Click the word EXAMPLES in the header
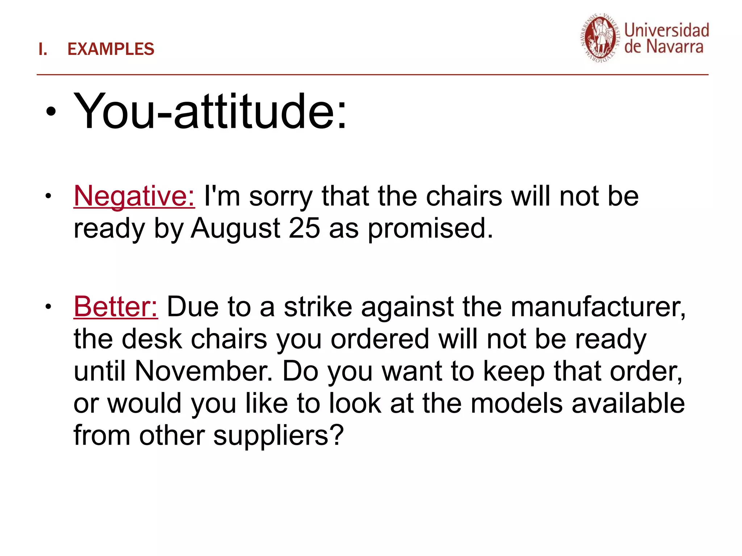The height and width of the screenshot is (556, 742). pyautogui.click(x=111, y=49)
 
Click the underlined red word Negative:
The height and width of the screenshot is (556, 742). pyautogui.click(x=134, y=196)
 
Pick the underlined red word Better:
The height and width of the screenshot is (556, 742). pyautogui.click(x=116, y=307)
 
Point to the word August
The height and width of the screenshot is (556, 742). pyautogui.click(x=235, y=228)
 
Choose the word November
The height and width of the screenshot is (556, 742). pyautogui.click(x=203, y=371)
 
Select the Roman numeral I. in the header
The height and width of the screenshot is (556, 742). pyautogui.click(x=43, y=49)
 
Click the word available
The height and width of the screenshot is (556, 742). pyautogui.click(x=628, y=403)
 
